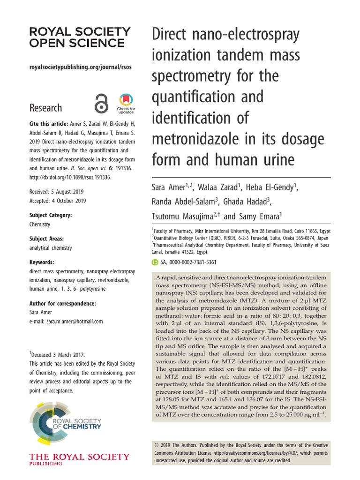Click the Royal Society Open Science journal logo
[80, 37]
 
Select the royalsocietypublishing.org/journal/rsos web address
[80, 67]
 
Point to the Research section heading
[45, 108]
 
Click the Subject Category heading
[51, 215]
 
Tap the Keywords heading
[42, 262]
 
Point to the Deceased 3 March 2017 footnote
[59, 354]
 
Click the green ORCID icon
[155, 262]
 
